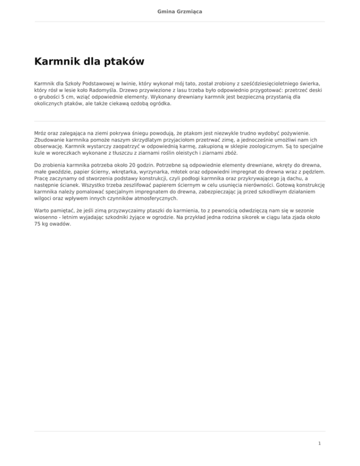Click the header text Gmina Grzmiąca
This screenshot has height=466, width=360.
[180, 10]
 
